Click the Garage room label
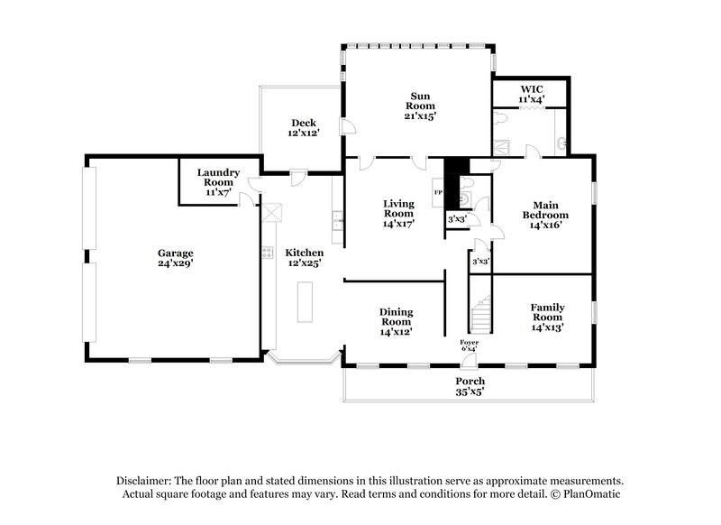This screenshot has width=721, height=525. pyautogui.click(x=177, y=253)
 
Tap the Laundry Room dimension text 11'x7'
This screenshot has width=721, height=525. pyautogui.click(x=216, y=192)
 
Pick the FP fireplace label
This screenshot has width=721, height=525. pyautogui.click(x=439, y=193)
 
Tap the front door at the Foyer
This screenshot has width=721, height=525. pyautogui.click(x=468, y=362)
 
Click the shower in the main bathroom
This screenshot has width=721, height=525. pyautogui.click(x=503, y=143)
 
